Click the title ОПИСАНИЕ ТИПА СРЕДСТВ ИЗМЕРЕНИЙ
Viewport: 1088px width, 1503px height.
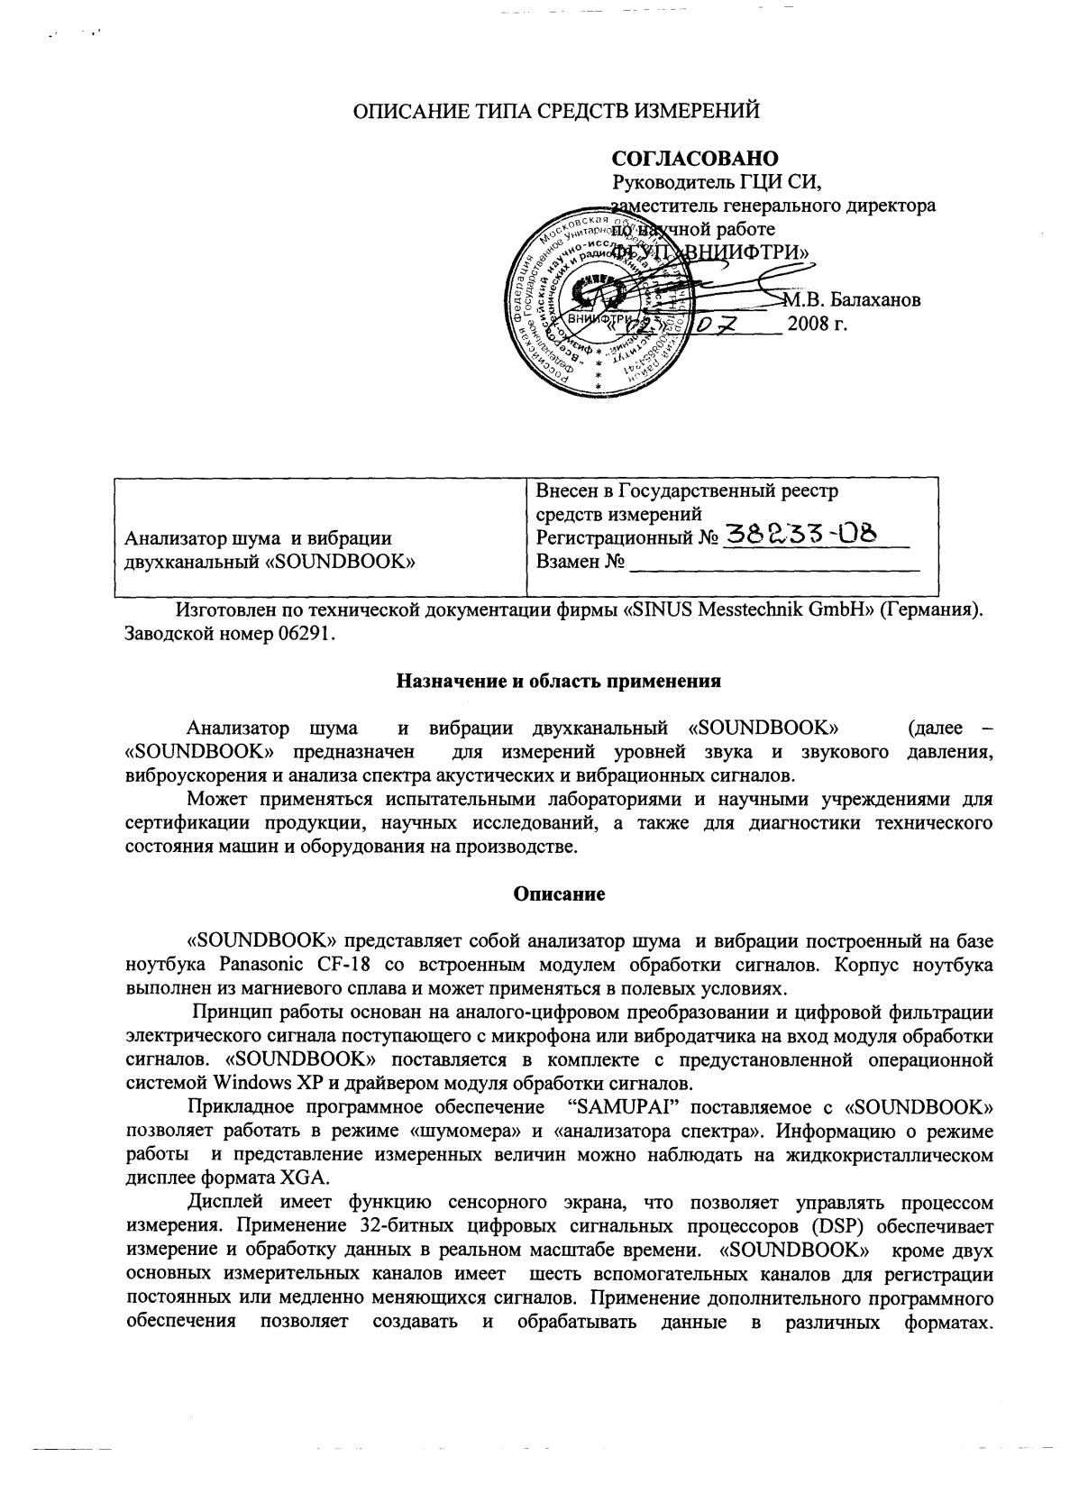click(556, 112)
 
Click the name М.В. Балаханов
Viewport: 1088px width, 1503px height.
click(852, 300)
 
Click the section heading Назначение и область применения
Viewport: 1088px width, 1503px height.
click(559, 681)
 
